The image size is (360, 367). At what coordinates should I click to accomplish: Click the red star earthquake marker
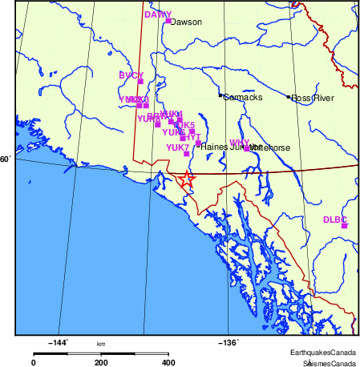pos(186,179)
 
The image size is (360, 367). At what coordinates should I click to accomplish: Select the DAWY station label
pos(158,14)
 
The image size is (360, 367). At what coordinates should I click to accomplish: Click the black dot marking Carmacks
pos(220,96)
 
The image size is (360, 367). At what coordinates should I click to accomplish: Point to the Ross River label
pos(312,99)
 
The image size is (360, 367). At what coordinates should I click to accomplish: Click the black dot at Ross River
pos(289,97)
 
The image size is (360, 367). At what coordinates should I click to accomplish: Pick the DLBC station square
pos(344,226)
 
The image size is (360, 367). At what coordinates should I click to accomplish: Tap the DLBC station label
pos(334,219)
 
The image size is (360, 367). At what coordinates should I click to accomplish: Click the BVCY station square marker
pos(140,81)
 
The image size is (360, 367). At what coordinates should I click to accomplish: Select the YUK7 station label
pos(177,147)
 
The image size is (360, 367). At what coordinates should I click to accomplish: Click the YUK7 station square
pos(186,153)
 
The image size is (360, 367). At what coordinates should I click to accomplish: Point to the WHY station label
pos(240,142)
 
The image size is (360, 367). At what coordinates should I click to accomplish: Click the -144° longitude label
pos(59,343)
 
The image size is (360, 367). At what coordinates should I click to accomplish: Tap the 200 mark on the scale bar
pos(101,362)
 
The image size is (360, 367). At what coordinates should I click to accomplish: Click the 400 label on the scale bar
pos(168,362)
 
